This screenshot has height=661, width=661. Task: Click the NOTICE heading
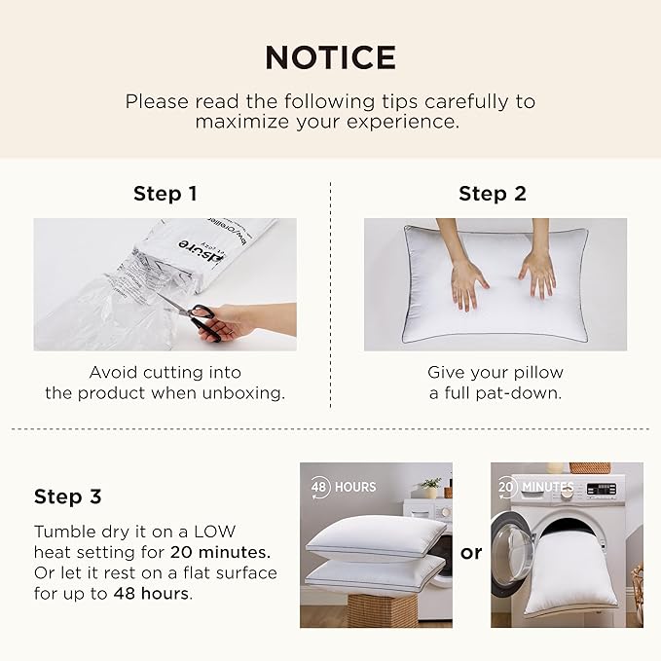[330, 57]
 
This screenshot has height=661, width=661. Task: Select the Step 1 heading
[165, 194]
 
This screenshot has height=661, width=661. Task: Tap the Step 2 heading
[493, 194]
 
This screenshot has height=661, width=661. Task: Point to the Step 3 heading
[67, 496]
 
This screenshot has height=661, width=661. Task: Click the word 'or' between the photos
[470, 553]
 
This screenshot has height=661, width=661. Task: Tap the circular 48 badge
[318, 487]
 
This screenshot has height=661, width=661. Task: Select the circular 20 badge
[507, 487]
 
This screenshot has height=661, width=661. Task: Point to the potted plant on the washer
[431, 486]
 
